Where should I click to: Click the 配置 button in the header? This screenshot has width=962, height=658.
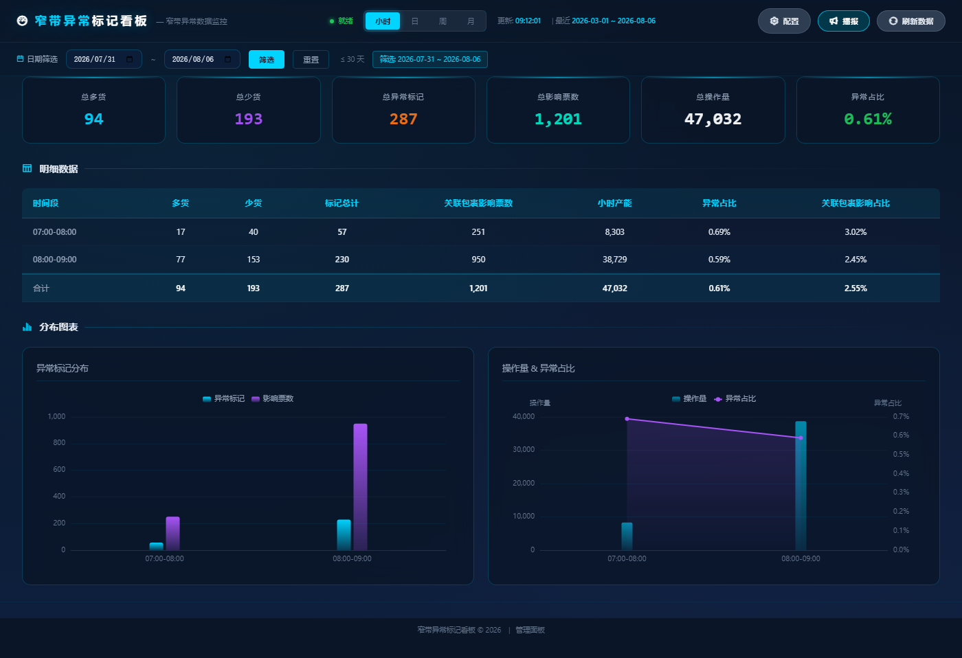(x=784, y=21)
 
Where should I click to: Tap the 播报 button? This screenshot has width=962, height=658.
(x=844, y=21)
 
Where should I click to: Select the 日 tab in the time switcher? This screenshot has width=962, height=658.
(x=414, y=21)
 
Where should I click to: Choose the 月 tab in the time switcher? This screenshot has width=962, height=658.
(x=471, y=21)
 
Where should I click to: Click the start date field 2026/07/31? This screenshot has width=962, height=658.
(x=104, y=59)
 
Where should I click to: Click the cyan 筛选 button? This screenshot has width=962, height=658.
(x=267, y=59)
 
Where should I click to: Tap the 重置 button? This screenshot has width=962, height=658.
(x=311, y=59)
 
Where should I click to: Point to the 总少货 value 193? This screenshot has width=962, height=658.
(x=248, y=119)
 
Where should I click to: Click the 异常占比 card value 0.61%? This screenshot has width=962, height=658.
(x=867, y=119)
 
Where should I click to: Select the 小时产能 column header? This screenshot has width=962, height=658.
(x=614, y=203)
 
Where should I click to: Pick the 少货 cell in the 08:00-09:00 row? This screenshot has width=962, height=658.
(x=253, y=259)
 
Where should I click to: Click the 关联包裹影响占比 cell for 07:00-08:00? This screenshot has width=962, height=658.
(x=855, y=231)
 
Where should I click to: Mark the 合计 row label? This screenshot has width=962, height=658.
(x=41, y=288)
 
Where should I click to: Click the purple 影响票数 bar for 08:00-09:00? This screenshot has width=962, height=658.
(x=360, y=487)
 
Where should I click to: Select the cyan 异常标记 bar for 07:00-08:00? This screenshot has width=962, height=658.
(x=157, y=547)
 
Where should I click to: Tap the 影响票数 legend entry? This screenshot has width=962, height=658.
(x=273, y=399)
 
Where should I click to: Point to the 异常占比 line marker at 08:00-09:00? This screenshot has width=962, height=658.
(x=801, y=438)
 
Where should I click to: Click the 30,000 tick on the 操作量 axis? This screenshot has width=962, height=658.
(x=524, y=449)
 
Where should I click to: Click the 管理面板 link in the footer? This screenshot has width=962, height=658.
(x=530, y=630)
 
